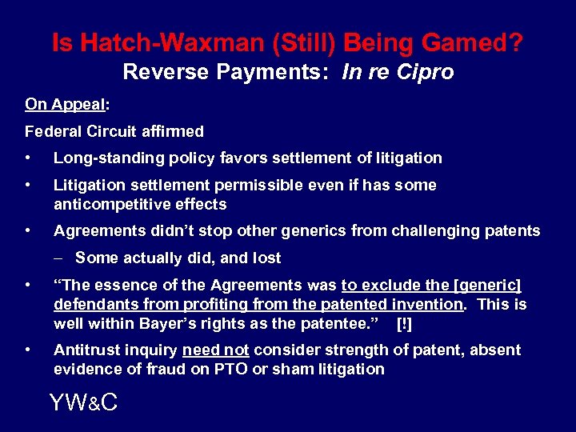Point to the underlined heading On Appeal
click(x=66, y=105)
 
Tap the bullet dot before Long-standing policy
click(x=29, y=158)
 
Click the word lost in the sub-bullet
click(x=265, y=258)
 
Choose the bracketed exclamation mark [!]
click(x=405, y=323)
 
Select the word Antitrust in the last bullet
click(x=85, y=350)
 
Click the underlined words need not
click(x=216, y=350)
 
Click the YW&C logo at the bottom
click(x=83, y=402)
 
